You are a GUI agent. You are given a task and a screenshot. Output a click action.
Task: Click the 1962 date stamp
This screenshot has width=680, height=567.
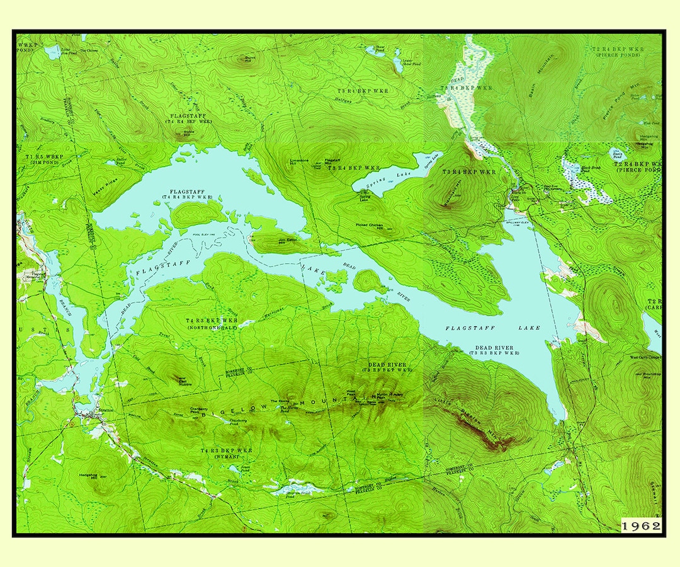(x=641, y=525)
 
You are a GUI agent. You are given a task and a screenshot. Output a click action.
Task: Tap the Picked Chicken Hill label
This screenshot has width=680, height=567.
(x=370, y=225)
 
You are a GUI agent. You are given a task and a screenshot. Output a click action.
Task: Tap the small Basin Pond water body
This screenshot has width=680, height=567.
(x=616, y=154)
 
